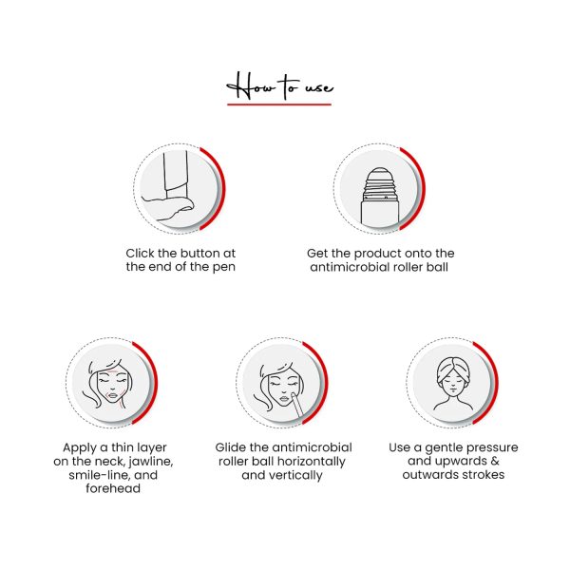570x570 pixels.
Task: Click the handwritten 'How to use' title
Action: (279, 86)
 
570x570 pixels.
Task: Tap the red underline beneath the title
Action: (279, 104)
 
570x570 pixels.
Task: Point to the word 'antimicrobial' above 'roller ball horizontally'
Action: (312, 447)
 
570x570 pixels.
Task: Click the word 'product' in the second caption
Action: (378, 254)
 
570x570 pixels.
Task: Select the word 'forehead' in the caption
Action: (113, 488)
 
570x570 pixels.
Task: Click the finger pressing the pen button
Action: (170, 208)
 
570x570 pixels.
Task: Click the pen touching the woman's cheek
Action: (297, 405)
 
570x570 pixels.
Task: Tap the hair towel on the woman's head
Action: (453, 368)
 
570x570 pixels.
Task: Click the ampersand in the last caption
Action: (494, 461)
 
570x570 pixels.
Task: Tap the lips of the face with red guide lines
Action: (113, 395)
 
